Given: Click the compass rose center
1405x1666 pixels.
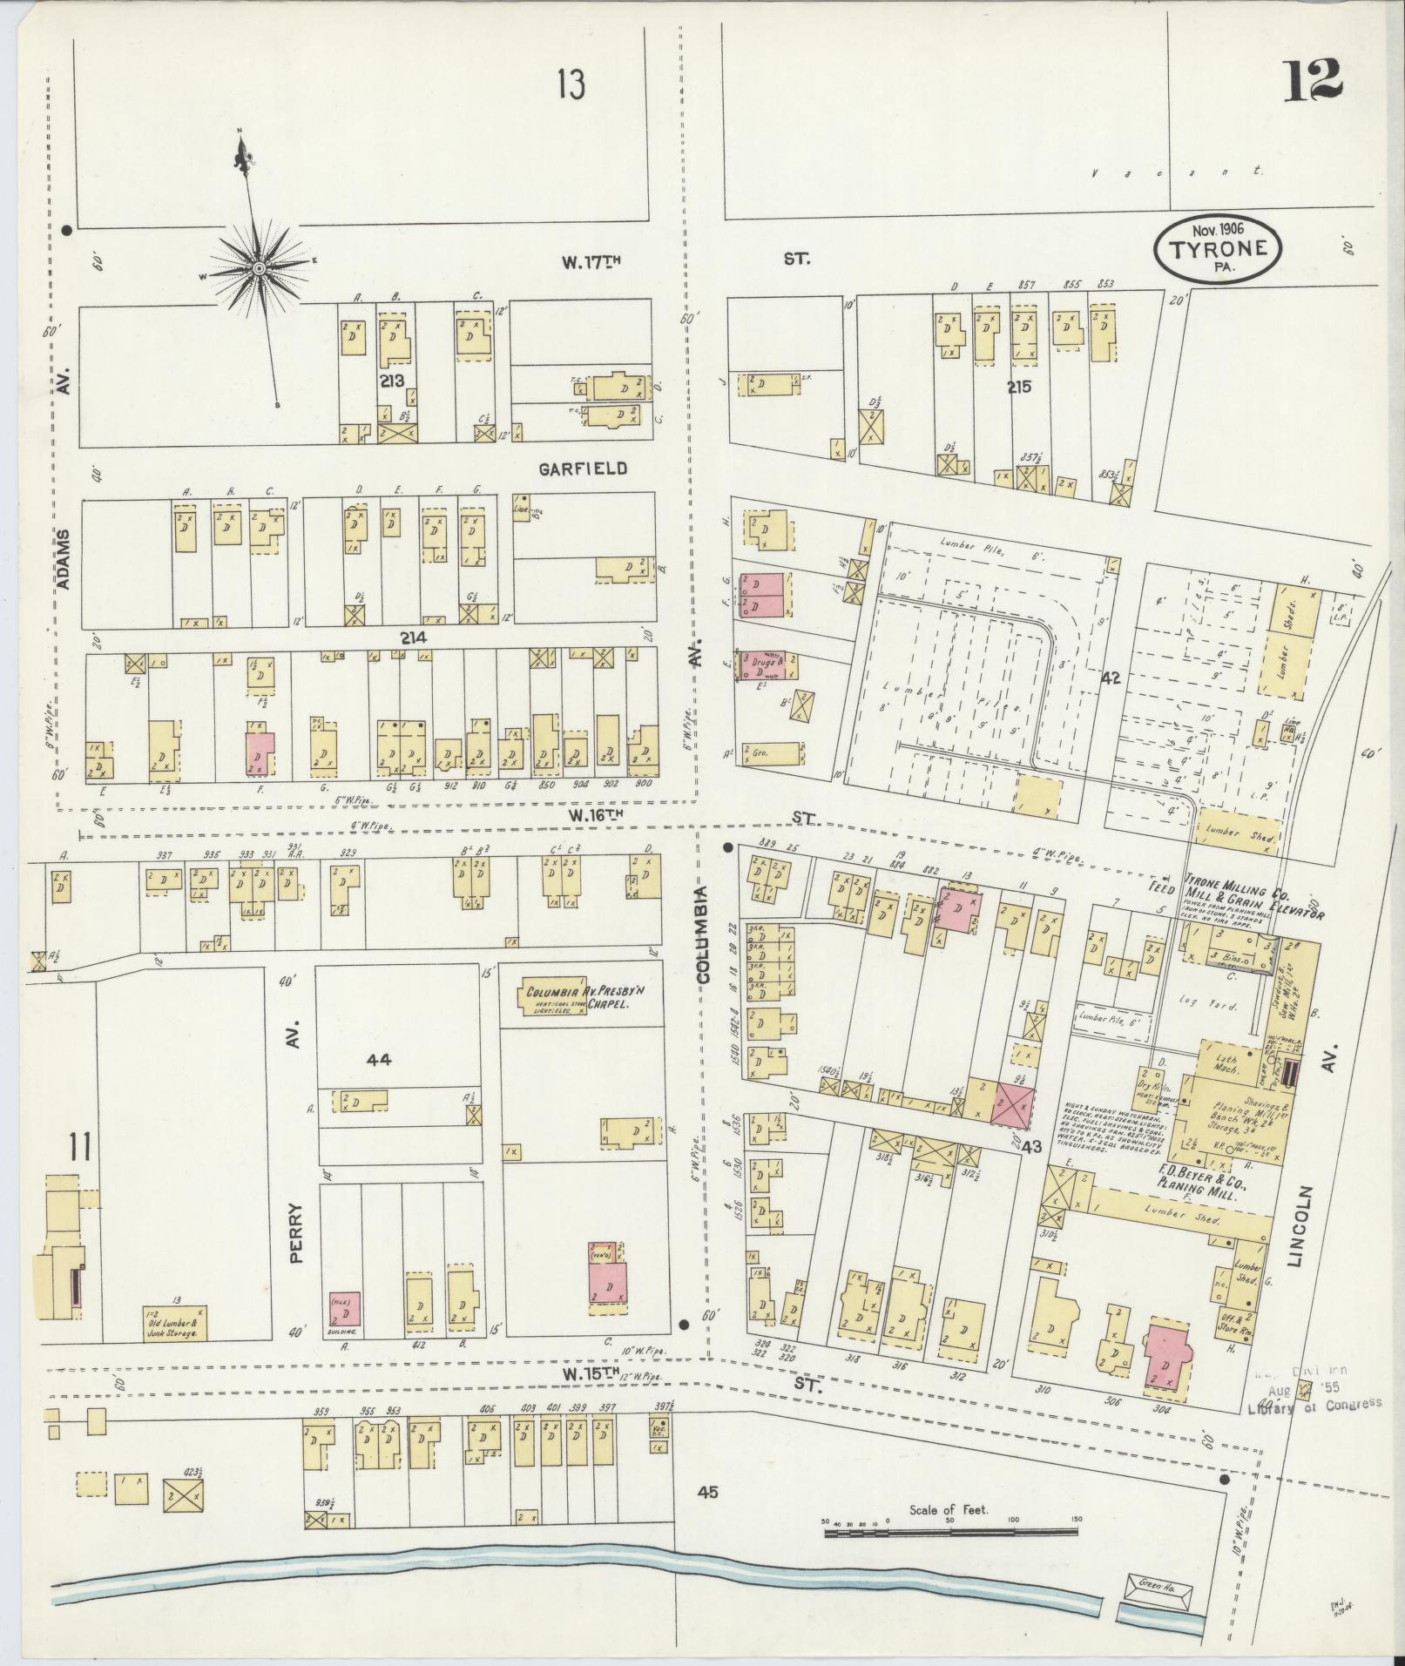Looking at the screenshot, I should (258, 269).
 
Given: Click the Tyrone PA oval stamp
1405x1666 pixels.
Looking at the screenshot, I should (1218, 248).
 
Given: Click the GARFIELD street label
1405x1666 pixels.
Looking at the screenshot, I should (582, 469).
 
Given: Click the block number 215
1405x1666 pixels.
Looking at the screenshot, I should (1017, 387).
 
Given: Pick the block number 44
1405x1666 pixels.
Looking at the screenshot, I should (380, 1060).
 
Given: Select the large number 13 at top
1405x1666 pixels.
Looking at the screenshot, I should (571, 85).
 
